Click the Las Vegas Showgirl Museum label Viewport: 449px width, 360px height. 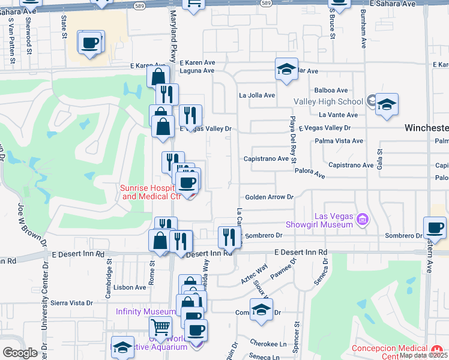point(333,220)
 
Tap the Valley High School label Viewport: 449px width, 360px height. point(328,101)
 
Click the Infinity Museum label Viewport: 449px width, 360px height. point(146,311)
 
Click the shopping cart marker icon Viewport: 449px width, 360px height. point(160,328)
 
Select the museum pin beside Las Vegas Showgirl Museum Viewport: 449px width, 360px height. point(361,220)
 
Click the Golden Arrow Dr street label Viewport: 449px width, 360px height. point(268,197)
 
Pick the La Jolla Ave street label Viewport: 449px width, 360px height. point(257,95)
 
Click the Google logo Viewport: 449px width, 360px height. point(20,352)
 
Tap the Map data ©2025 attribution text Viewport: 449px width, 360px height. point(423,355)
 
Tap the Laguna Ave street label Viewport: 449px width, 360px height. point(197,70)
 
